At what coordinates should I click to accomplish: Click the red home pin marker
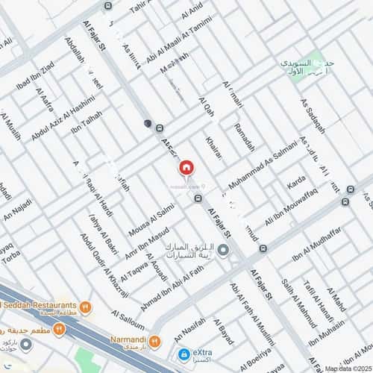tap(186, 168)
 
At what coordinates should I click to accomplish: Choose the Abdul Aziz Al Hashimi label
tap(63, 116)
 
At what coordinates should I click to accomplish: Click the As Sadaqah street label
tap(313, 116)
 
